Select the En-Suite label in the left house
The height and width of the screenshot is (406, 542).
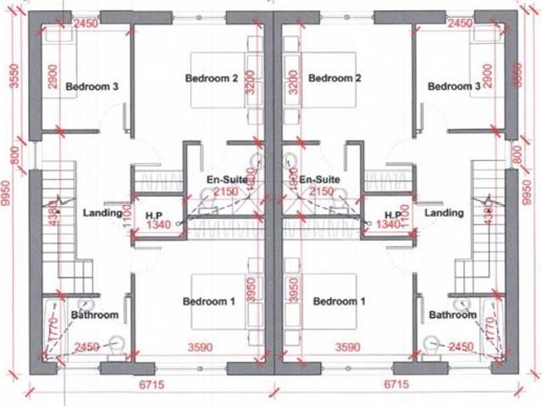click(226, 181)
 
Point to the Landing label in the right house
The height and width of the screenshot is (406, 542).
click(445, 213)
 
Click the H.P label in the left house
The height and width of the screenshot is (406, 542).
click(154, 214)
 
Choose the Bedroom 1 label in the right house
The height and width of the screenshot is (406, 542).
click(339, 301)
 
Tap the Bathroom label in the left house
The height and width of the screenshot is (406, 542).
click(95, 315)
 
